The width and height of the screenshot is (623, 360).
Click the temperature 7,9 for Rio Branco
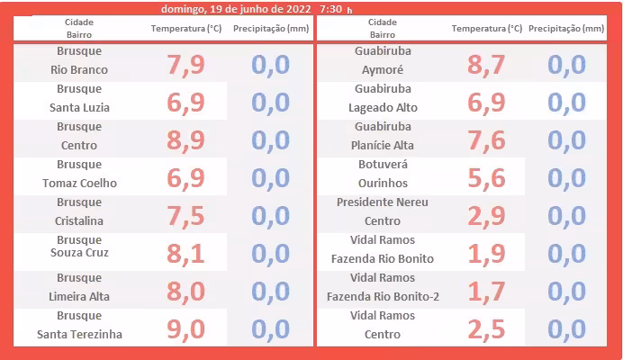coord(187,65)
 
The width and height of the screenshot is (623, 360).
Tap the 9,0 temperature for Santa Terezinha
coord(187,329)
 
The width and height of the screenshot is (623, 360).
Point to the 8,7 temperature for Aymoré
coord(487,65)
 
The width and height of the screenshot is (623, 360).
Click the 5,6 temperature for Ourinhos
coord(487,178)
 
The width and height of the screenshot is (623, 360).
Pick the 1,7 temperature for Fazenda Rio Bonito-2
coord(487,292)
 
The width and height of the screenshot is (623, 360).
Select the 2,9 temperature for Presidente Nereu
coord(487,216)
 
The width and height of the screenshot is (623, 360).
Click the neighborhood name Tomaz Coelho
coord(79,184)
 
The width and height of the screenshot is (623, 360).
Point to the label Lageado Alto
coord(383,108)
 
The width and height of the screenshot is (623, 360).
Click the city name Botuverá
coord(383,166)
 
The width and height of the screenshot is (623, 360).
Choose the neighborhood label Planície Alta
coord(383,145)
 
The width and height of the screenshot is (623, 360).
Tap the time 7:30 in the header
coord(331,8)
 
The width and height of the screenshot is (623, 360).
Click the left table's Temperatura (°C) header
coord(186,29)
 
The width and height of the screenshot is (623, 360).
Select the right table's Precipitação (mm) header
coord(566,29)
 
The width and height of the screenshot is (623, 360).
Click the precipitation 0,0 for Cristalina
coord(270,216)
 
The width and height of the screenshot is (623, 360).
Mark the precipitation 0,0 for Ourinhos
coord(566,178)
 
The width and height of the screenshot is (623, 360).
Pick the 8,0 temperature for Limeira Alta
coord(187,292)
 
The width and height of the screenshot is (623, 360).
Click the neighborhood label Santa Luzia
coord(79,108)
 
